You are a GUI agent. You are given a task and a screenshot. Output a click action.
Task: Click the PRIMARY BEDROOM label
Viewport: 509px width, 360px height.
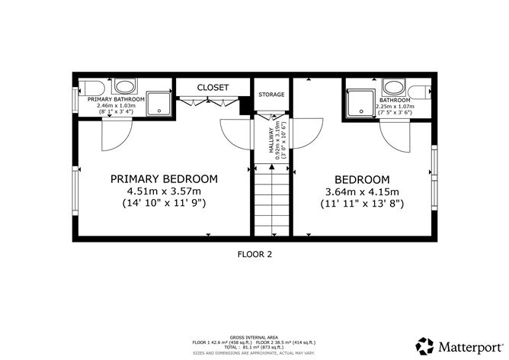164,178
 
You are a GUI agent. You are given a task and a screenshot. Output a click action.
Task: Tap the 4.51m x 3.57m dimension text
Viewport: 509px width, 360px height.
164,191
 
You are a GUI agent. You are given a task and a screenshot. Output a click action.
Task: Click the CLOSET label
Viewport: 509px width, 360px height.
213,88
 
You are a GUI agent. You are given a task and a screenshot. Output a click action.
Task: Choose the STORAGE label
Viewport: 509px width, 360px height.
271,95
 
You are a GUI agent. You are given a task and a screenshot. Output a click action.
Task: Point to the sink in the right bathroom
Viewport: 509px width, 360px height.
394,86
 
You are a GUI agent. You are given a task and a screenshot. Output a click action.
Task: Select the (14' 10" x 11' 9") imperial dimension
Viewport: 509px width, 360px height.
164,204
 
